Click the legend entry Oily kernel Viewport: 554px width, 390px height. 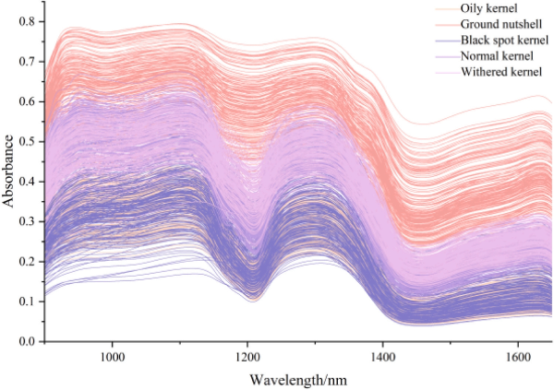493,8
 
